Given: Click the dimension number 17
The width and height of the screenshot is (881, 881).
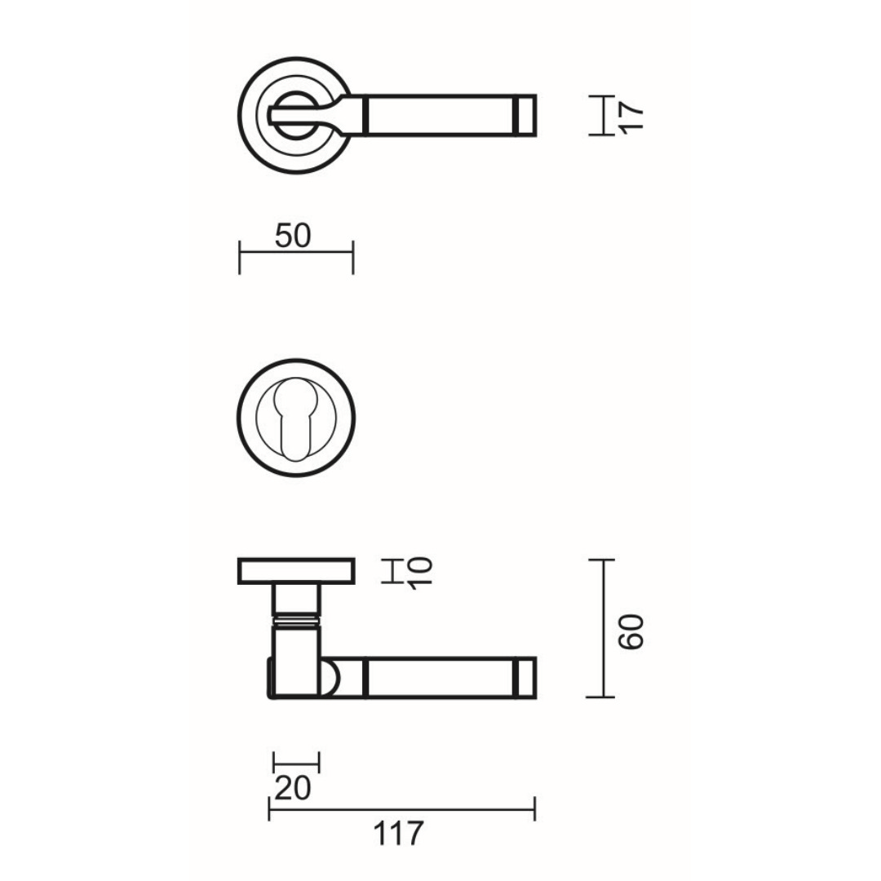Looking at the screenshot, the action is (x=631, y=117).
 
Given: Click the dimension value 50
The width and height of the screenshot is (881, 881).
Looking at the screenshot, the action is (x=293, y=236).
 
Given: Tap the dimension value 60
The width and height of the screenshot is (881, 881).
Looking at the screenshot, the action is (x=631, y=632).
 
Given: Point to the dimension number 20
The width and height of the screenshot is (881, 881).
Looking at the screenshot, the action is (x=293, y=788).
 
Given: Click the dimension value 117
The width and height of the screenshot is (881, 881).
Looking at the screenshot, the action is (x=398, y=833).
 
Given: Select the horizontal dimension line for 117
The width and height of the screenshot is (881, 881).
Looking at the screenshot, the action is (x=401, y=809).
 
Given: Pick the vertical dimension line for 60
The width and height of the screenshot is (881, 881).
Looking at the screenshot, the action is (x=604, y=628).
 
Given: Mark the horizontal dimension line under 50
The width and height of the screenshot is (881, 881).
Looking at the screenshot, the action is (x=296, y=252).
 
